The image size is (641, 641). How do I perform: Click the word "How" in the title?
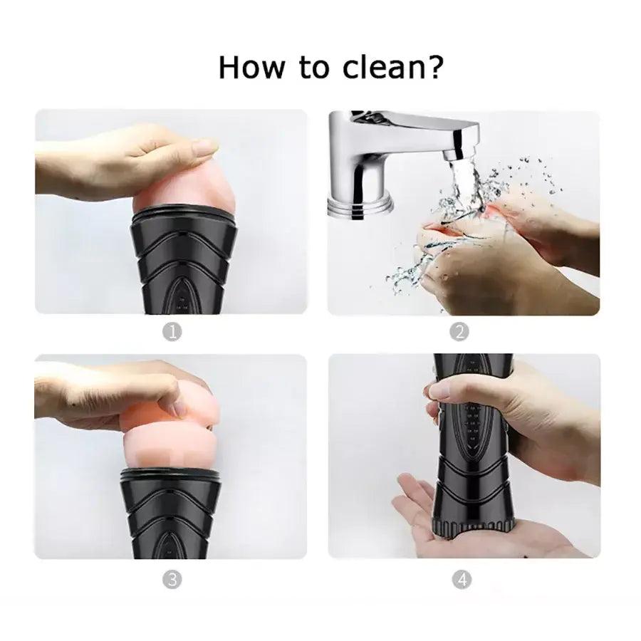[x=251, y=67]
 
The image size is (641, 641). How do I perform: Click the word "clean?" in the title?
[x=393, y=67]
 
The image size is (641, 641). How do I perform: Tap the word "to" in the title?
[x=314, y=68]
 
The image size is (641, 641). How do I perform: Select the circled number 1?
[x=172, y=331]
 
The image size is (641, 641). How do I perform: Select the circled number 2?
[x=459, y=331]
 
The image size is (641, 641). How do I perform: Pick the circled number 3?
[x=172, y=579]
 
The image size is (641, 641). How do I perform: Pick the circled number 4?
[x=462, y=579]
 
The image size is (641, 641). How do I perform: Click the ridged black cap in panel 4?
[x=473, y=526]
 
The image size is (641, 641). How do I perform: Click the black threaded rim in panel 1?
[x=184, y=214]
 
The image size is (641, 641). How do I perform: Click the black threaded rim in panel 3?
[x=171, y=474]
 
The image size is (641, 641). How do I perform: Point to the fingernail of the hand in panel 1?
[x=207, y=145]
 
